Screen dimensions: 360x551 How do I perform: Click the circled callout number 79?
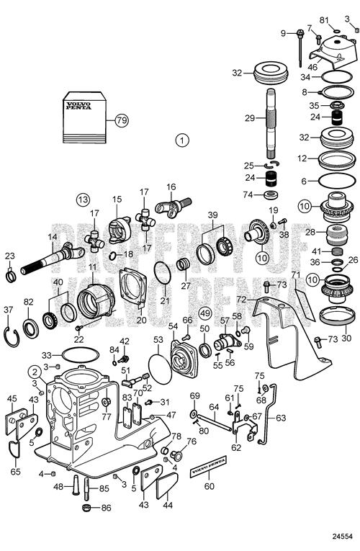(122, 120)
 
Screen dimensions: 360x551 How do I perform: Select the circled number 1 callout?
(182, 140)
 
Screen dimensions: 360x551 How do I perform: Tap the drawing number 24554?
(343, 537)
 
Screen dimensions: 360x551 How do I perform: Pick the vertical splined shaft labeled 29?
(272, 123)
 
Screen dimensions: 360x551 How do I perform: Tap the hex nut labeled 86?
(86, 508)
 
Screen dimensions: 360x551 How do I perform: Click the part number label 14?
(53, 237)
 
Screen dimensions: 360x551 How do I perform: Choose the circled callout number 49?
(205, 313)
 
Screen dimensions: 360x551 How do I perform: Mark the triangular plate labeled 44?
(167, 485)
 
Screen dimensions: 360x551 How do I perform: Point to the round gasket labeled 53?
(160, 368)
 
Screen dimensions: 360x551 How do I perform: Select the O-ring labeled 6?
(335, 182)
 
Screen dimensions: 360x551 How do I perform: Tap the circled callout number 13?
(84, 200)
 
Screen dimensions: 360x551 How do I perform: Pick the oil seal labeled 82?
(31, 328)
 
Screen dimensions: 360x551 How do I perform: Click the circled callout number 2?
(35, 372)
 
